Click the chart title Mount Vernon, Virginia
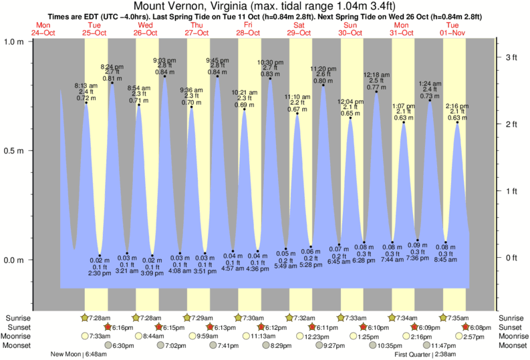(x=265, y=6)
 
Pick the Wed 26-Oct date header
(x=146, y=29)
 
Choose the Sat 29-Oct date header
(x=299, y=29)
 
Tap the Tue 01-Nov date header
(x=453, y=29)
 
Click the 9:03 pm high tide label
(x=165, y=59)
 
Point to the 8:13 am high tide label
(x=86, y=85)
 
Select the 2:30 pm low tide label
(x=98, y=273)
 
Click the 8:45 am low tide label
(x=445, y=260)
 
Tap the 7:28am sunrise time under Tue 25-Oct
(x=100, y=318)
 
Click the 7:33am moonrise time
(x=100, y=336)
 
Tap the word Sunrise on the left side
(x=18, y=318)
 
